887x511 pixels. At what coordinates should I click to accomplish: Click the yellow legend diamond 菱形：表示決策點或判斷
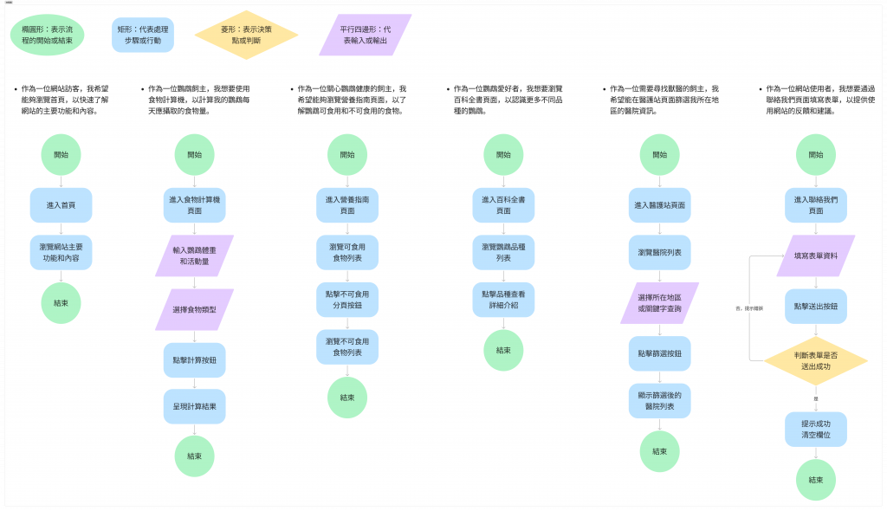click(246, 35)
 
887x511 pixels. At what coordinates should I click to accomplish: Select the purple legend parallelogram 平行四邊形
click(365, 35)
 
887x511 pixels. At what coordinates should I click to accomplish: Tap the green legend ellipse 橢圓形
click(48, 35)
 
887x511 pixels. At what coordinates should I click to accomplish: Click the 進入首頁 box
click(61, 205)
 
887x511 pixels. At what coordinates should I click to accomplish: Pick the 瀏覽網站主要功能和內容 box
click(61, 253)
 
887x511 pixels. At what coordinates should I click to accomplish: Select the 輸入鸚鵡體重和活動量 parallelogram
click(194, 255)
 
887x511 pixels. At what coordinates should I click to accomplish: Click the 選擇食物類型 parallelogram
click(194, 309)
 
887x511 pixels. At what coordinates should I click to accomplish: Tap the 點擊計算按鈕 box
click(194, 360)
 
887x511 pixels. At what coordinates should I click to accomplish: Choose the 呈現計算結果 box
click(194, 406)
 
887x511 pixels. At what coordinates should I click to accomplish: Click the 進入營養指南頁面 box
click(346, 205)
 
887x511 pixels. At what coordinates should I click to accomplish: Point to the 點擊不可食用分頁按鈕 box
click(346, 300)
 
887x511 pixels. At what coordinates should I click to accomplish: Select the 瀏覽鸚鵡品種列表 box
click(503, 253)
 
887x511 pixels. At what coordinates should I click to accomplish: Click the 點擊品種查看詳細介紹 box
click(503, 300)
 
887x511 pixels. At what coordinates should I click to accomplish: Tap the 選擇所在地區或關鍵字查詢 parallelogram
click(659, 303)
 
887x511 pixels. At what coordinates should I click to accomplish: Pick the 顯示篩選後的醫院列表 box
click(659, 400)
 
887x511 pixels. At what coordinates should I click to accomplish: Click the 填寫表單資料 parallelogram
click(815, 256)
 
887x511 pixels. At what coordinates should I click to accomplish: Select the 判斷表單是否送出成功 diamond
click(815, 361)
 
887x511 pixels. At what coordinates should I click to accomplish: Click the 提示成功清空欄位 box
click(815, 429)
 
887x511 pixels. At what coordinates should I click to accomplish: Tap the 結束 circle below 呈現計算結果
click(194, 456)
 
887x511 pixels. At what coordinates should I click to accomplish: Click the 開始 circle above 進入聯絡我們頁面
click(815, 155)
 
